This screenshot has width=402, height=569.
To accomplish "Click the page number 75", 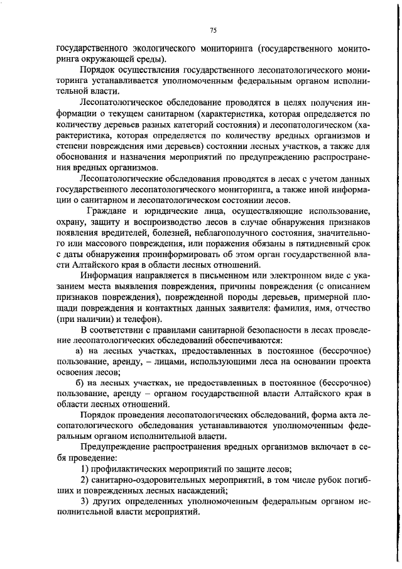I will (213, 30).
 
